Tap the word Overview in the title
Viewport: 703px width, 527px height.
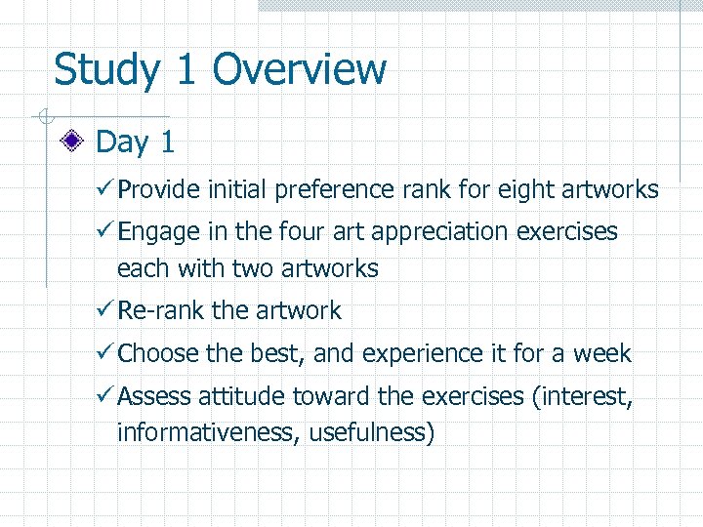point(299,70)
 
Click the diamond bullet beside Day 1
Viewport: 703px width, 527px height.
point(71,142)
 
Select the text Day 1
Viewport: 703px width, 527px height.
point(136,142)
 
